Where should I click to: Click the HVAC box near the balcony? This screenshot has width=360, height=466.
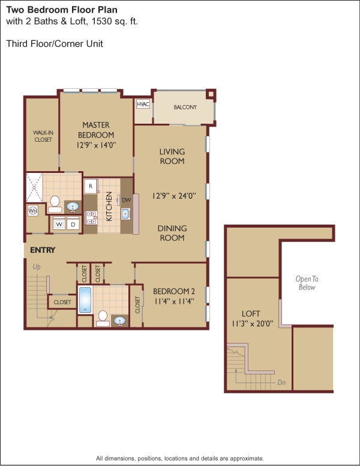143,104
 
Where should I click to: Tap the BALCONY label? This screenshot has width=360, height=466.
185,107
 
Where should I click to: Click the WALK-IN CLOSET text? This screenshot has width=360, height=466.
42,136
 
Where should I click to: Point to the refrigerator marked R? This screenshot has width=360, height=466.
90,186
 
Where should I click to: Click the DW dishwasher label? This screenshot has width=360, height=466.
127,199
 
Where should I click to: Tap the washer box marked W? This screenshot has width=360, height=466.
60,224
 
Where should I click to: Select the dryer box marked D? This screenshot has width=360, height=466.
73,224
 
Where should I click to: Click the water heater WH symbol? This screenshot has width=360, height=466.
32,211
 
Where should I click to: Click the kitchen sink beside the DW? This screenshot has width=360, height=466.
127,214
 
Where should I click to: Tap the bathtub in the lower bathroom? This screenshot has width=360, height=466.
85,300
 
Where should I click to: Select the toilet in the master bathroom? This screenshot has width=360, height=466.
55,202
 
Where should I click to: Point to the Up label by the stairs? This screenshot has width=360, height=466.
37,266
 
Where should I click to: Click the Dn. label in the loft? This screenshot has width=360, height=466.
282,382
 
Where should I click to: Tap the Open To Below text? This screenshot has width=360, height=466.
306,283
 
